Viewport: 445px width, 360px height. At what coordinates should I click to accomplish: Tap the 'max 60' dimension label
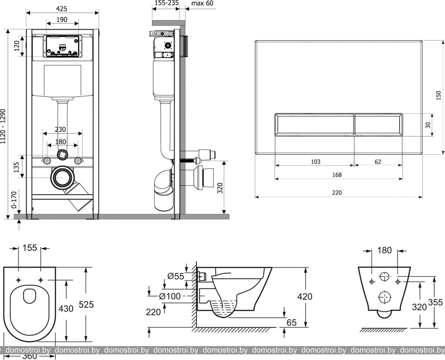coord(203,3)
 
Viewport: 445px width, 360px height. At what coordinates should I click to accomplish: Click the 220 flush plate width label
coord(337,192)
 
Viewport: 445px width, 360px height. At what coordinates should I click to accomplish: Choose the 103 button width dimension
coord(315,161)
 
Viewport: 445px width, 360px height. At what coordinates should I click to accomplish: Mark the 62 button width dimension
coord(378,161)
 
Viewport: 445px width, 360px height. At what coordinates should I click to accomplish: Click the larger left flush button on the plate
coord(314,124)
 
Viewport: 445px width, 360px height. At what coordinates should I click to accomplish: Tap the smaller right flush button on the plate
coord(378,124)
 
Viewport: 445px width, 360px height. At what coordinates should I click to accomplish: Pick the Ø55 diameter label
coord(175,276)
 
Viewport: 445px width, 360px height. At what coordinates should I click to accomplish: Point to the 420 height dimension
coord(305,296)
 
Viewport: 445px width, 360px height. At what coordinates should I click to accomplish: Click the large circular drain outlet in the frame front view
coord(63,178)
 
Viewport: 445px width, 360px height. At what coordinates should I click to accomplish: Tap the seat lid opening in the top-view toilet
coord(30,297)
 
